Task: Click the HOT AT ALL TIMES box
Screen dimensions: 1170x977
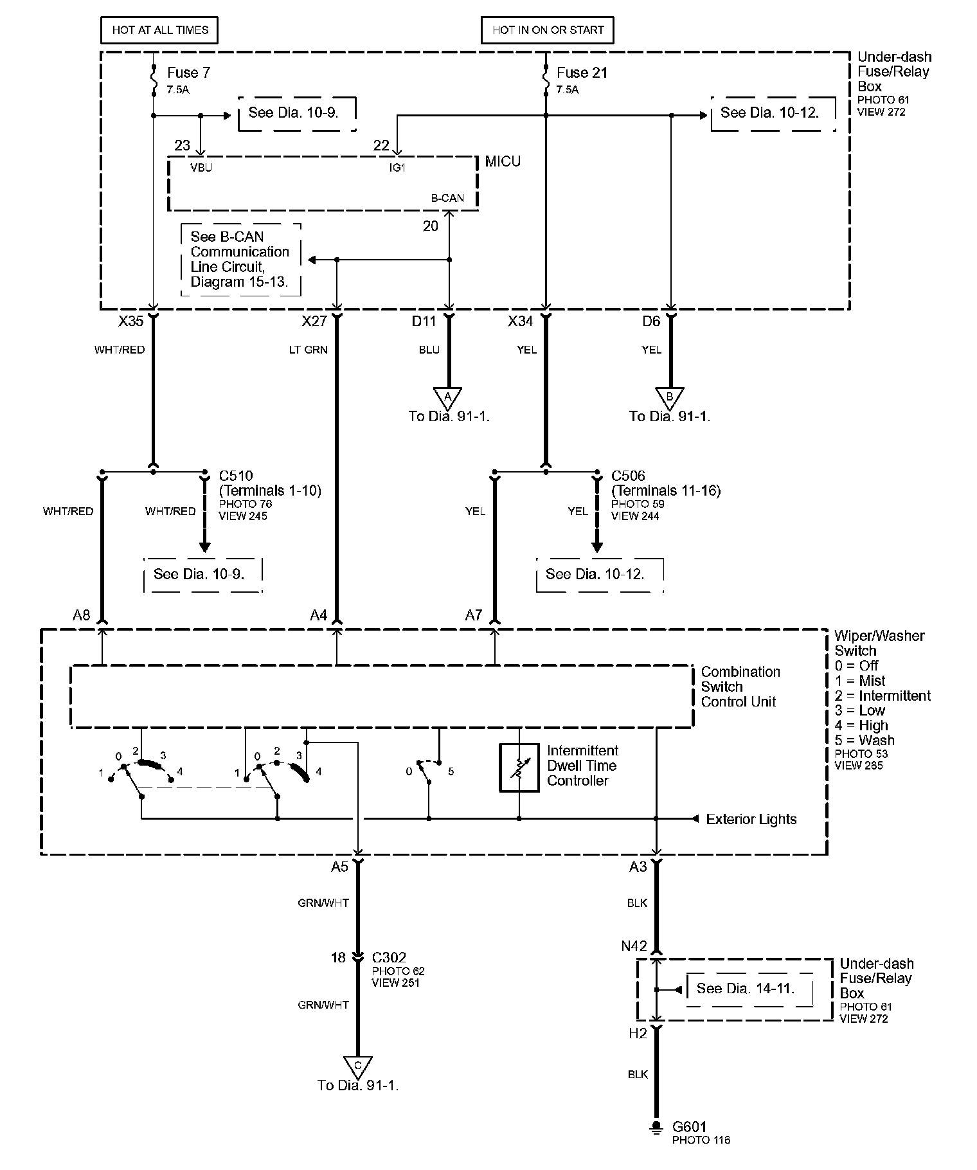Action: coord(160,30)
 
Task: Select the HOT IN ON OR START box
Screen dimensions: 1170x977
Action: coord(548,30)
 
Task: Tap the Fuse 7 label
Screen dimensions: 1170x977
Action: coord(188,73)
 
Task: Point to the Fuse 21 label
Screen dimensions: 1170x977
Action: coord(582,73)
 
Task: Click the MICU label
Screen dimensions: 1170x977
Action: coord(503,161)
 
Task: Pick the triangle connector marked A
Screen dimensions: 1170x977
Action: coord(448,395)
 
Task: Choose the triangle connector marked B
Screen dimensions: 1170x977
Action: coord(669,395)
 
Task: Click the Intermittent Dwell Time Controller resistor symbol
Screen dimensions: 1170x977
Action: coord(519,767)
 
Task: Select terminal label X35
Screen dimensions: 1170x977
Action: coord(131,321)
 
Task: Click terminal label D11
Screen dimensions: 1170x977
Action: coord(424,321)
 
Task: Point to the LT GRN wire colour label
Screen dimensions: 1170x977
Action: coord(308,350)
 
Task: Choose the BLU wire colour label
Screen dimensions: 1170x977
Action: coord(429,350)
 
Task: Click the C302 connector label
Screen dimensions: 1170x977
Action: coord(389,957)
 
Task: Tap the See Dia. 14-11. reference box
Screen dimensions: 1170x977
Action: coord(746,989)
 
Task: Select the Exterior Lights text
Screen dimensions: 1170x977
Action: coord(751,819)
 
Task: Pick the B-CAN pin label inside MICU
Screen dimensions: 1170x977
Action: coord(447,198)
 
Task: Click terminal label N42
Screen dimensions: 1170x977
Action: coord(634,946)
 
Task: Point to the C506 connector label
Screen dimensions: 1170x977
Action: coord(628,476)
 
